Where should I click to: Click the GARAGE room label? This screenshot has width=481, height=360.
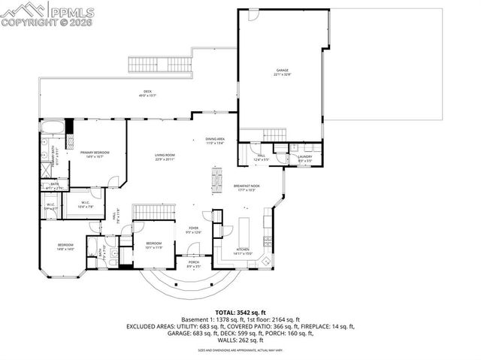pos(282,70)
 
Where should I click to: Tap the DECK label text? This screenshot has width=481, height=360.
pos(147,92)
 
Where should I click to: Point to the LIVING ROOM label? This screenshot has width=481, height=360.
pos(165,153)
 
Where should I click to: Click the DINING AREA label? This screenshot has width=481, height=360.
pos(216,139)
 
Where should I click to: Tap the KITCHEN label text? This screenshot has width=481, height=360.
pos(243,250)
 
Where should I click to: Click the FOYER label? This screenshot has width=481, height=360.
pos(193,228)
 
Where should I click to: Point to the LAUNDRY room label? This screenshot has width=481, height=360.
pos(304,156)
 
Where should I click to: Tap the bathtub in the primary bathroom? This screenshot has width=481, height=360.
pos(52,126)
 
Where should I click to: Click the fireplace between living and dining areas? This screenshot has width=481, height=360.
pos(217,179)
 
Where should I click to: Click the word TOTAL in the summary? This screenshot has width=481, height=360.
pos(226,311)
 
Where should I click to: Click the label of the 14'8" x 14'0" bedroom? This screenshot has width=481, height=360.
pos(65,247)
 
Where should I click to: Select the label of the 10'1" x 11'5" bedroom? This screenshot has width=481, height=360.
pos(153,244)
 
